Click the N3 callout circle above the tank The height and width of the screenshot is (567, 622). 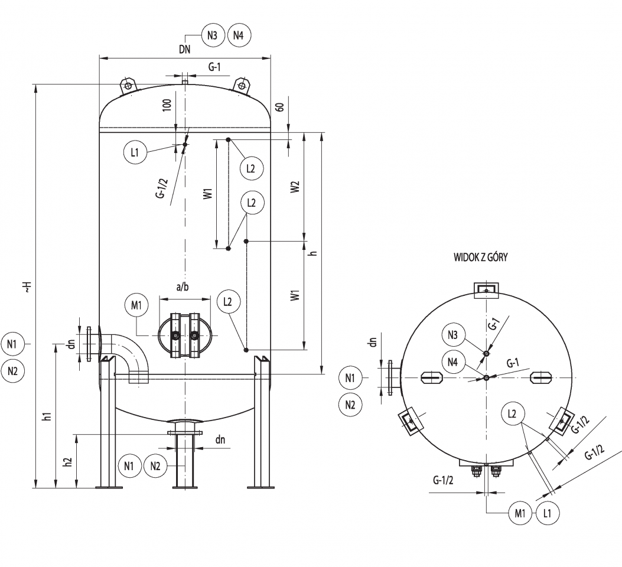point(213,35)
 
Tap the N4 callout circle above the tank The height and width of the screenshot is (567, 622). point(239,35)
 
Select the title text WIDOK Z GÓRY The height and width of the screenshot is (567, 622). point(480,258)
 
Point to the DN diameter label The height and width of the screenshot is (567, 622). point(184,49)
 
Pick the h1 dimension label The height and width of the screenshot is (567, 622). point(48,416)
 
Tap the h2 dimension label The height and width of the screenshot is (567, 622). point(69,461)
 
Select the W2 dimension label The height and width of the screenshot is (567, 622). point(295,187)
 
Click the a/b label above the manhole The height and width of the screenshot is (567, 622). point(183,286)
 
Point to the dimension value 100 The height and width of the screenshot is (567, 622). point(167,105)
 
